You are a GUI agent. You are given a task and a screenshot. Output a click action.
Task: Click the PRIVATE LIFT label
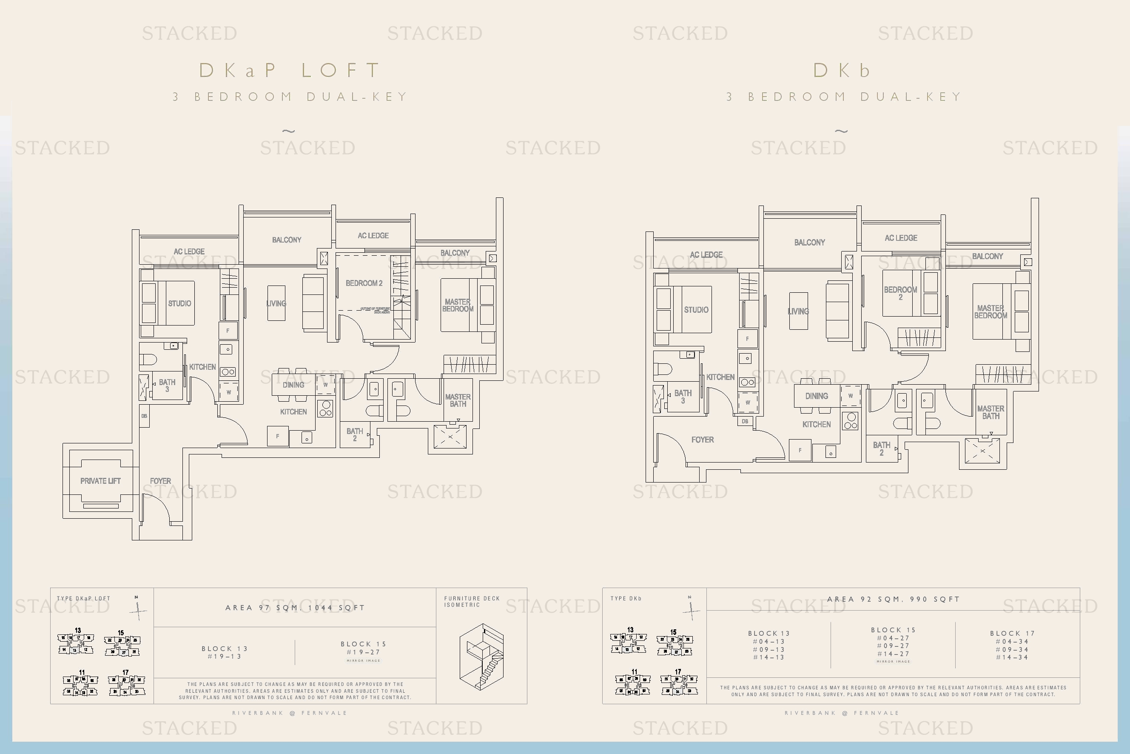pos(100,481)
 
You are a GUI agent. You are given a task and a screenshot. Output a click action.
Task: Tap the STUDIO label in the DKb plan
pos(696,310)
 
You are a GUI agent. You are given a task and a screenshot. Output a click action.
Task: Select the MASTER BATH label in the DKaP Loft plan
pos(458,400)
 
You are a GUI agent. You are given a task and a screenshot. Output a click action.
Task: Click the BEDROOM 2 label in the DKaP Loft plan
pos(364,283)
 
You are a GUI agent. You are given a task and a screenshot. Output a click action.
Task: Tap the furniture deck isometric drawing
pos(481,657)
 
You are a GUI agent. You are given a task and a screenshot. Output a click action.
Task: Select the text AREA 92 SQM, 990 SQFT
pos(893,599)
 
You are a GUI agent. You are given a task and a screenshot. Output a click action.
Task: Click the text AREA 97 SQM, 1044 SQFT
pos(295,608)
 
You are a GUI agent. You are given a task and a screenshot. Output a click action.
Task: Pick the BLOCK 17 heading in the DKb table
pos(1012,633)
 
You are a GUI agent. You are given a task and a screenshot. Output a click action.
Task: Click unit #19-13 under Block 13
pos(225,657)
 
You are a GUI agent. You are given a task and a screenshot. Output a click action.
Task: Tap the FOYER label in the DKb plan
pos(702,440)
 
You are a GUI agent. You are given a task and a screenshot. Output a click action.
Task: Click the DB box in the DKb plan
pos(745,421)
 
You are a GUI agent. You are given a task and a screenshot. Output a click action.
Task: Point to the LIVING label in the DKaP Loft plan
pos(276,303)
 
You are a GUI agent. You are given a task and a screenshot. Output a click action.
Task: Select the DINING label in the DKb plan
pos(816,396)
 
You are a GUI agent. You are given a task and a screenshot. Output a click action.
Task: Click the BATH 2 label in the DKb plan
pos(881,448)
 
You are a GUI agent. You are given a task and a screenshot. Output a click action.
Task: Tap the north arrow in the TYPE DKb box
pos(691,609)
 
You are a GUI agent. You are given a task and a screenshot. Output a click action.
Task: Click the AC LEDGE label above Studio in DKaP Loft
pos(189,251)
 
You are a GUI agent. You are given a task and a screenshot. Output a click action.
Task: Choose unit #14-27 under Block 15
pos(893,654)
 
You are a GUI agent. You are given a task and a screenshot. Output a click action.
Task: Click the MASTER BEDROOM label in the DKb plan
pos(990,311)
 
